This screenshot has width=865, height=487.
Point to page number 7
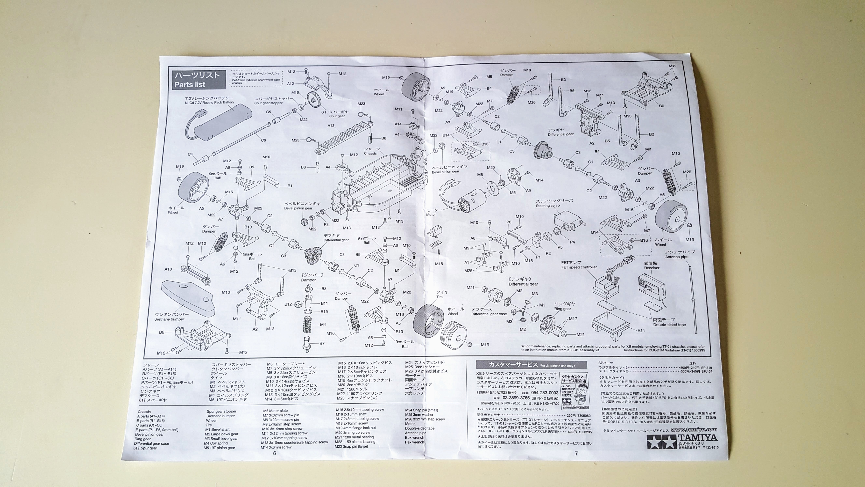tap(576, 453)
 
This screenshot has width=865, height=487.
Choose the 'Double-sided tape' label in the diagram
tap(669, 325)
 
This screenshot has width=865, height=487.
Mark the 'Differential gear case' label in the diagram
tap(489, 314)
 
